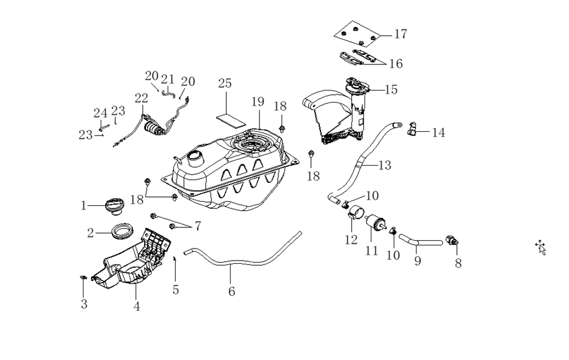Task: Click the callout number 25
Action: (224, 83)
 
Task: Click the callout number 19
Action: (257, 101)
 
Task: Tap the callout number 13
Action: (384, 166)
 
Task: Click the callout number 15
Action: (391, 90)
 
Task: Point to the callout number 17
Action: (400, 34)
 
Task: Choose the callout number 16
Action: (396, 64)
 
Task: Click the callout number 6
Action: (232, 291)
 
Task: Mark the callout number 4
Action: (136, 306)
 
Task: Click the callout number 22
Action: (141, 98)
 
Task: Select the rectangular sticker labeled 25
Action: (229, 119)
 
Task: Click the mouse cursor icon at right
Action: (541, 247)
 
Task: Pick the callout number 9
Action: (418, 261)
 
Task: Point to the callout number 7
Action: (198, 226)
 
